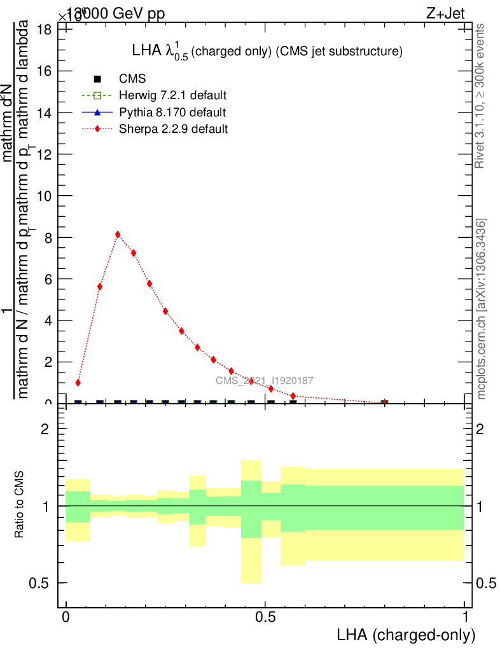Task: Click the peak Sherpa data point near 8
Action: tap(118, 235)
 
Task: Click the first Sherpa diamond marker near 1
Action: tap(78, 383)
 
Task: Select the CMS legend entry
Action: tap(132, 79)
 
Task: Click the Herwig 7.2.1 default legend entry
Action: tap(173, 95)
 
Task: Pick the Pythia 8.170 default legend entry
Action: tap(172, 113)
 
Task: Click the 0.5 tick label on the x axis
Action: tap(265, 617)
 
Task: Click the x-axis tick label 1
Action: tap(465, 617)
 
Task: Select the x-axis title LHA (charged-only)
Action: tap(406, 634)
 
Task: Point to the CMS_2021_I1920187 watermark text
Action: tap(264, 381)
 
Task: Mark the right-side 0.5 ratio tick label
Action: tap(487, 583)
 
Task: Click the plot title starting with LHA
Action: tap(267, 51)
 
